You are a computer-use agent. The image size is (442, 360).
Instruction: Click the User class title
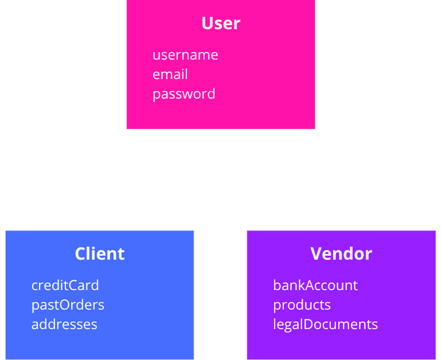pyautogui.click(x=220, y=24)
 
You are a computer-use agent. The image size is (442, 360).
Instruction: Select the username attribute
pyautogui.click(x=185, y=55)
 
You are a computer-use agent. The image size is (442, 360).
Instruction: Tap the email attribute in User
pyautogui.click(x=170, y=75)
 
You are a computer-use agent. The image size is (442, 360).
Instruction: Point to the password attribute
pyautogui.click(x=184, y=94)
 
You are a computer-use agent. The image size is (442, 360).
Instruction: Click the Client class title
pyautogui.click(x=99, y=254)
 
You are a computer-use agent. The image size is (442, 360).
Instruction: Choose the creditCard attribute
pyautogui.click(x=65, y=285)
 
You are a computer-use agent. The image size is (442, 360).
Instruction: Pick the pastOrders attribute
pyautogui.click(x=68, y=305)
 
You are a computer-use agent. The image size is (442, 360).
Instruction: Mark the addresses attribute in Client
pyautogui.click(x=64, y=324)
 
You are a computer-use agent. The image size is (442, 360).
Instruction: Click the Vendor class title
pyautogui.click(x=341, y=254)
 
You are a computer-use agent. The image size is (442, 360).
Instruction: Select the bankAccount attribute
pyautogui.click(x=315, y=285)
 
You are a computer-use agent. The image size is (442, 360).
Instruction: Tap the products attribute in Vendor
pyautogui.click(x=301, y=305)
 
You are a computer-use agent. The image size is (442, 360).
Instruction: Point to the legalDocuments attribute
pyautogui.click(x=325, y=324)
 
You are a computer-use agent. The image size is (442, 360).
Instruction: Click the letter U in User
pyautogui.click(x=207, y=24)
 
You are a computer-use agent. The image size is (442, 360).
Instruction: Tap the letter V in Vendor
pyautogui.click(x=316, y=254)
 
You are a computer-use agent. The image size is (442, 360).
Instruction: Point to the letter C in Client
pyautogui.click(x=81, y=254)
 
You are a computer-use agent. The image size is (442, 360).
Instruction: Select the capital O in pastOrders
pyautogui.click(x=62, y=305)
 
